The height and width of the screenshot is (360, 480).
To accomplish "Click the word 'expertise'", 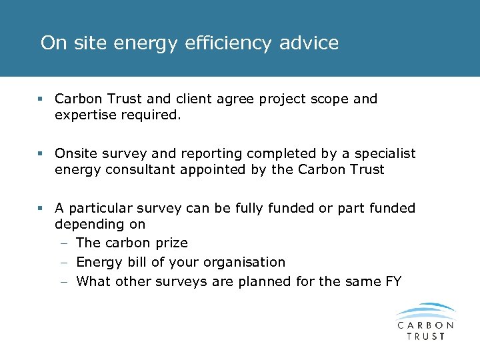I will [85, 115].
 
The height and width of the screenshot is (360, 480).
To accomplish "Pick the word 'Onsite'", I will [76, 154].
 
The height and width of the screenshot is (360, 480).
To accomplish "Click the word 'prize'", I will [170, 243].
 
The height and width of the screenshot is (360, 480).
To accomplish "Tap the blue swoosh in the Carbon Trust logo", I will [425, 311].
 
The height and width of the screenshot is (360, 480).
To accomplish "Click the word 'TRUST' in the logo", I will [425, 336].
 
